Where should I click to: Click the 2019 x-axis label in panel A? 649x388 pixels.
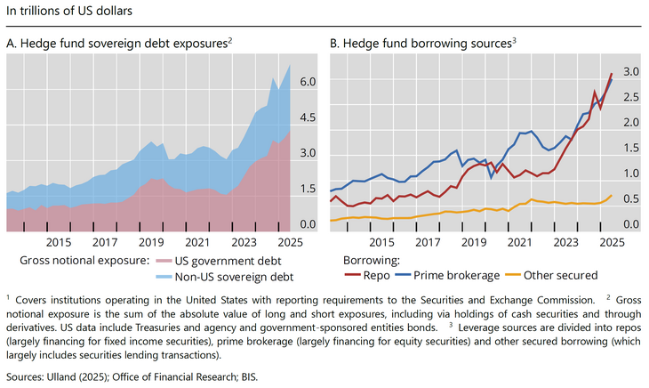point(150,243)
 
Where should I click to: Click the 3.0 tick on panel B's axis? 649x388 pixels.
point(630,71)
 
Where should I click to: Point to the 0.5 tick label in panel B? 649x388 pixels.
point(630,199)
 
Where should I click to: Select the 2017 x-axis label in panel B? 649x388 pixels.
point(429,243)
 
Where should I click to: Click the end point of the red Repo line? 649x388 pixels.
point(612,73)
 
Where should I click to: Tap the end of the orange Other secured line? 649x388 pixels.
point(612,195)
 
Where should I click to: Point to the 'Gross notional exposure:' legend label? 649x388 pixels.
point(84,262)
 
